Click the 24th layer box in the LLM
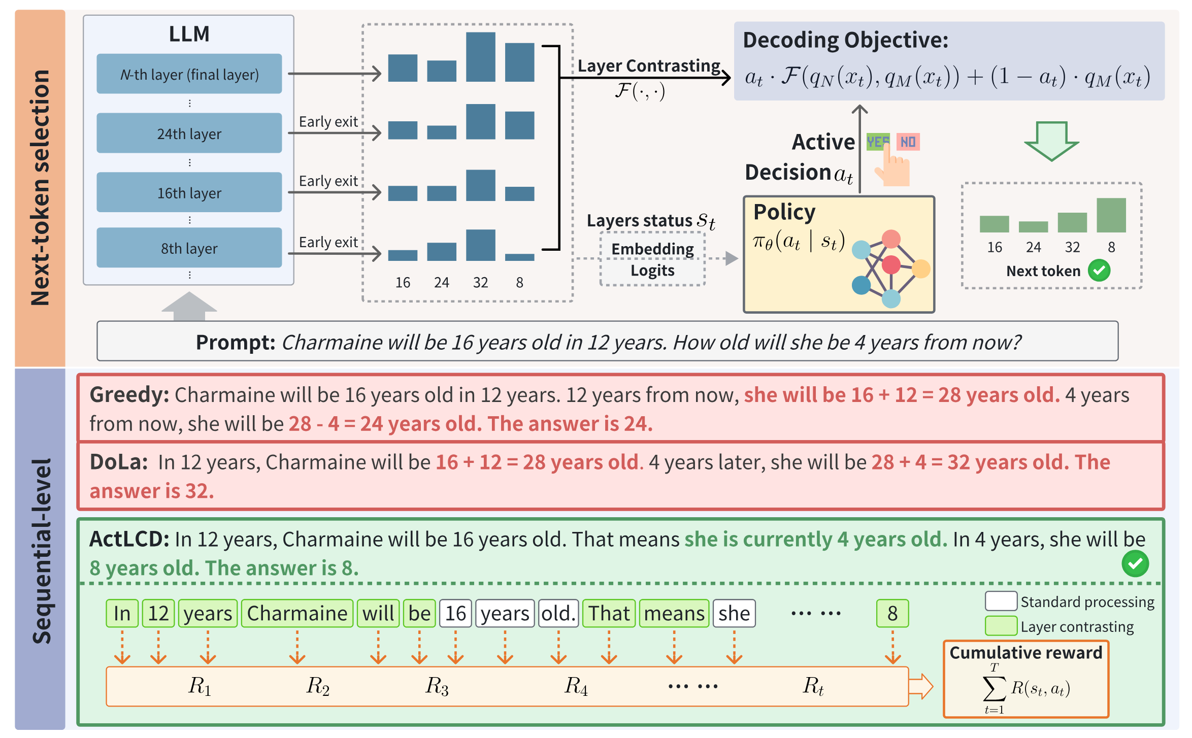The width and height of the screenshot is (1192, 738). [189, 133]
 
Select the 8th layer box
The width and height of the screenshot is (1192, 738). [189, 248]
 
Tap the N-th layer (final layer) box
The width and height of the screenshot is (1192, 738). [189, 74]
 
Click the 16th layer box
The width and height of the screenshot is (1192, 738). [189, 192]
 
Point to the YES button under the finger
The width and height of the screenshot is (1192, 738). [878, 142]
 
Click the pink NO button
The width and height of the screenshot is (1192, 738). [908, 142]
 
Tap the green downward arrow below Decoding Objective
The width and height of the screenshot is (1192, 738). [1051, 141]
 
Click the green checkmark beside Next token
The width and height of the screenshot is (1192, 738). [1099, 271]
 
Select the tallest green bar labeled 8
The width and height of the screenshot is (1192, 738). [1111, 215]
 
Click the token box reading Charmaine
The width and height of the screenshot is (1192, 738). [297, 613]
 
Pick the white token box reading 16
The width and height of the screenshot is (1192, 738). [455, 613]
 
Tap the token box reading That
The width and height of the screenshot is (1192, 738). [609, 613]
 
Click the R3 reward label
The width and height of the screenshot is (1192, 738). [437, 686]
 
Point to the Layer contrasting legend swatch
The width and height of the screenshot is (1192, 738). [1001, 626]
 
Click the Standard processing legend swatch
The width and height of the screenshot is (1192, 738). [1001, 601]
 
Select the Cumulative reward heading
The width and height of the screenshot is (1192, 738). [1025, 653]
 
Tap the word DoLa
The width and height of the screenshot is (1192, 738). [118, 462]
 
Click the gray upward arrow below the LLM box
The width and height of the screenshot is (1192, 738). [189, 306]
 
